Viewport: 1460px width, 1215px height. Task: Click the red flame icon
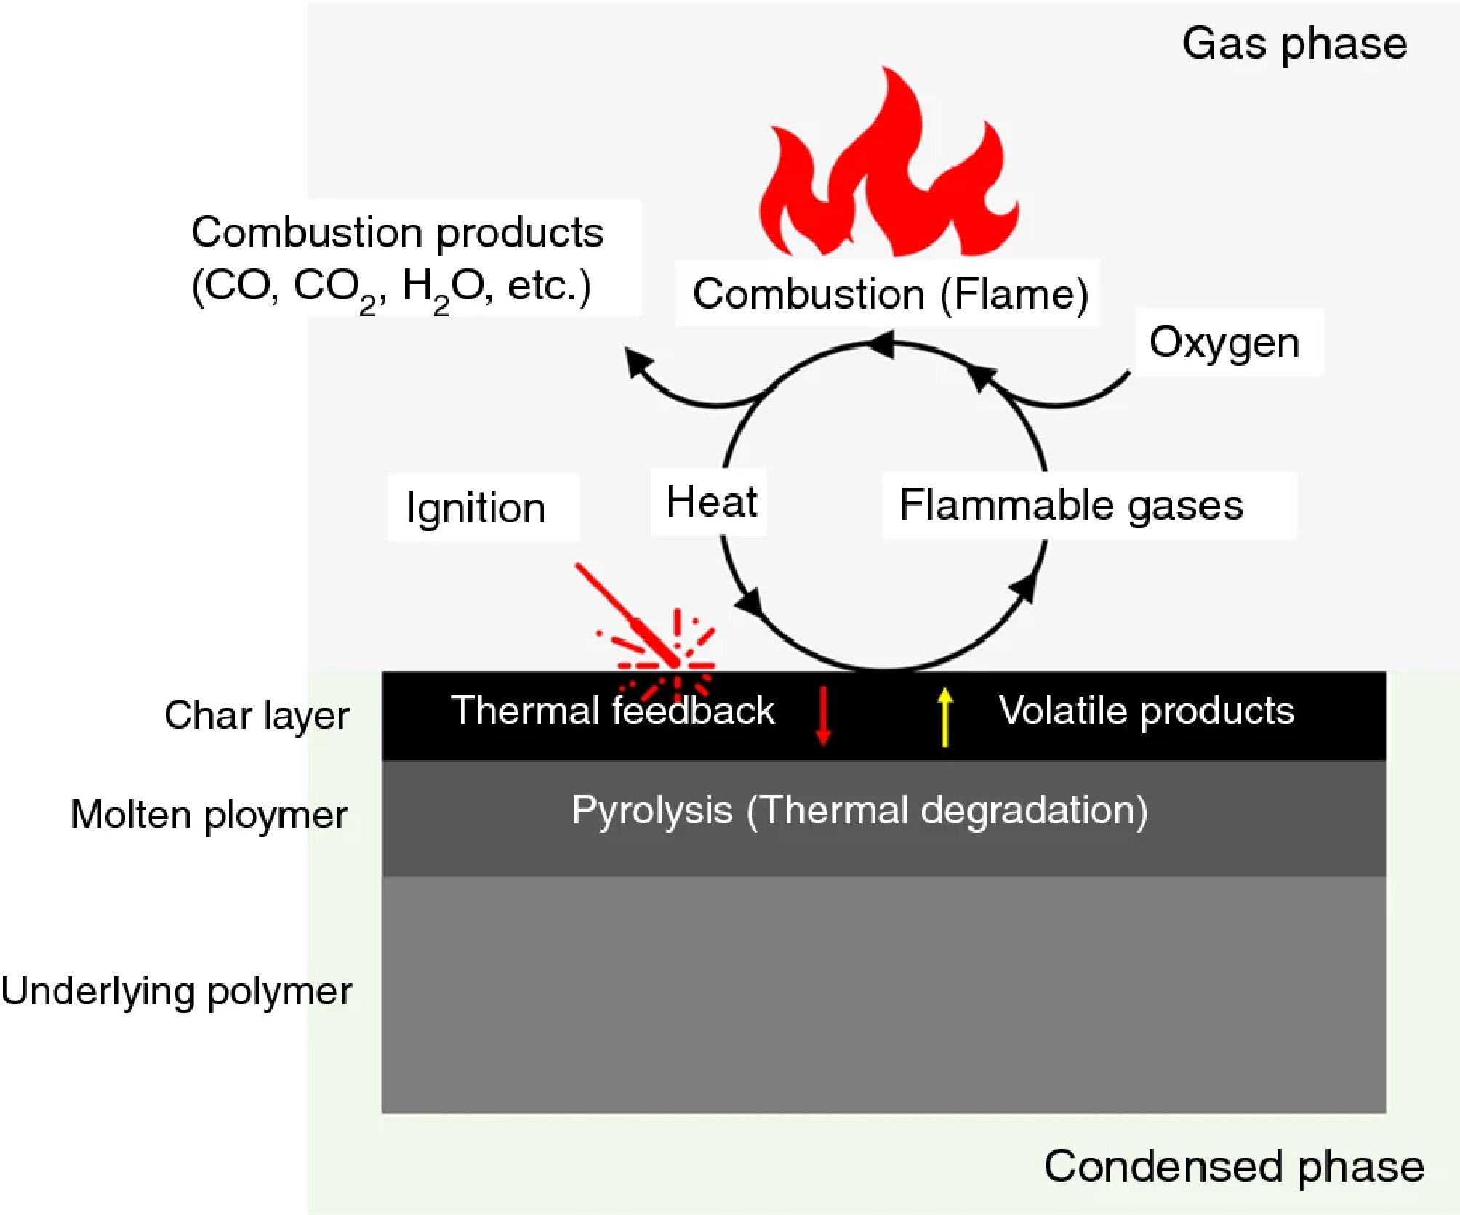pyautogui.click(x=887, y=174)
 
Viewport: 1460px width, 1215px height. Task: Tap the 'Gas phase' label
pyautogui.click(x=1294, y=44)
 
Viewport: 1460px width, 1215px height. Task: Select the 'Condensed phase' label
pyautogui.click(x=1234, y=1166)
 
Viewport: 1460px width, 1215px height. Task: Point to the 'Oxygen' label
pyautogui.click(x=1224, y=342)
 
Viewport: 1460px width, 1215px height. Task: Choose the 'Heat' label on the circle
pyautogui.click(x=711, y=502)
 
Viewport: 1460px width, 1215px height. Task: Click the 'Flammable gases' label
pyautogui.click(x=1071, y=505)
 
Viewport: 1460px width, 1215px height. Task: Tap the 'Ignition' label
pyautogui.click(x=476, y=507)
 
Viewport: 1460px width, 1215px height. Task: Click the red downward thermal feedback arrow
pyautogui.click(x=823, y=716)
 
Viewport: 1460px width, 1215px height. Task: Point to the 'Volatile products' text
pyautogui.click(x=1147, y=710)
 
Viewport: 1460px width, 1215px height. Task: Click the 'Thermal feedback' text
pyautogui.click(x=612, y=710)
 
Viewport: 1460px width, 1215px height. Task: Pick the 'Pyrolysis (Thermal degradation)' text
pyautogui.click(x=859, y=810)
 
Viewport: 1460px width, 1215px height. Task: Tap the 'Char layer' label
pyautogui.click(x=257, y=715)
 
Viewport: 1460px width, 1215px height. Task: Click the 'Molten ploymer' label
pyautogui.click(x=209, y=814)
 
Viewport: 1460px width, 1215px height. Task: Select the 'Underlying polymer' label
pyautogui.click(x=177, y=990)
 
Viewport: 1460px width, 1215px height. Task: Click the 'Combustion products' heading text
pyautogui.click(x=397, y=233)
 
